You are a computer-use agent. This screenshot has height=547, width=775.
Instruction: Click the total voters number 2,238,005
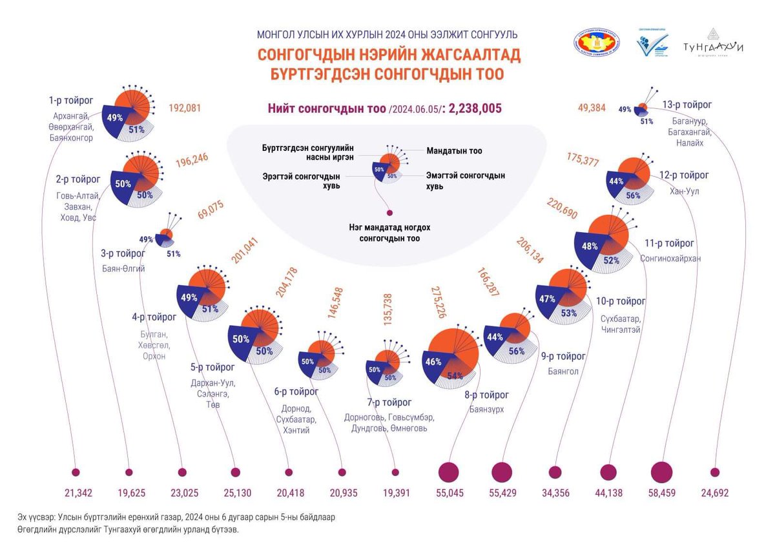point(475,108)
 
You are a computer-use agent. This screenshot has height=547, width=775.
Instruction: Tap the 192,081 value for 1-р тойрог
point(186,108)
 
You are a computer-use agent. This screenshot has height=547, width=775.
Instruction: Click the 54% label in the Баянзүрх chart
point(455,375)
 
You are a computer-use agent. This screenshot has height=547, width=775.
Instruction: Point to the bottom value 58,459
point(661,493)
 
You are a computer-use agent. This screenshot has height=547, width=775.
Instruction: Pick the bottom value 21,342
point(78,493)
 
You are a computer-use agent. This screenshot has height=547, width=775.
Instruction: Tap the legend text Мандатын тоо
point(454,151)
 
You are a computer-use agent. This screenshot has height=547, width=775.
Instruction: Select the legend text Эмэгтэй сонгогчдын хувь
point(465,180)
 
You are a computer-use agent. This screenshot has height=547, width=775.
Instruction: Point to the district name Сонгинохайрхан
point(670,258)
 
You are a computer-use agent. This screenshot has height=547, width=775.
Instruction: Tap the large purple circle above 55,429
point(502,472)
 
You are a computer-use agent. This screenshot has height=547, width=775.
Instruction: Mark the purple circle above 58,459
point(661,472)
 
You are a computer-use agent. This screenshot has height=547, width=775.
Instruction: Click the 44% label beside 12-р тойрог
point(615,181)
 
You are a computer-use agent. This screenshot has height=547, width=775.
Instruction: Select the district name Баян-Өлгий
point(123,268)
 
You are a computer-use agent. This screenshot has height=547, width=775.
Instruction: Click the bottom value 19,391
point(395,493)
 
